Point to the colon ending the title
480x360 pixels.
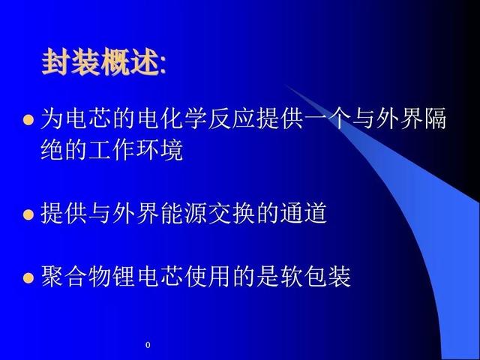tap(163, 65)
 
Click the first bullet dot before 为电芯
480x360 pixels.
tap(28, 120)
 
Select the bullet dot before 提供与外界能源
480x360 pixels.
tap(28, 214)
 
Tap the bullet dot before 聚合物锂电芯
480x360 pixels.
tap(28, 278)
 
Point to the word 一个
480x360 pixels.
tap(315, 118)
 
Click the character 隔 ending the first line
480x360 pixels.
tap(435, 118)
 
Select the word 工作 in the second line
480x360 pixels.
tap(112, 150)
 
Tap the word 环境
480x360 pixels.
tap(160, 150)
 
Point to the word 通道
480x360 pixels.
tap(303, 213)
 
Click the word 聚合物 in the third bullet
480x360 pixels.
tap(76, 277)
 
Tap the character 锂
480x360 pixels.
tap(124, 277)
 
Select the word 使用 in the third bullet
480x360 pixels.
tap(208, 277)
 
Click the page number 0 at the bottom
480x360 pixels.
tap(148, 345)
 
